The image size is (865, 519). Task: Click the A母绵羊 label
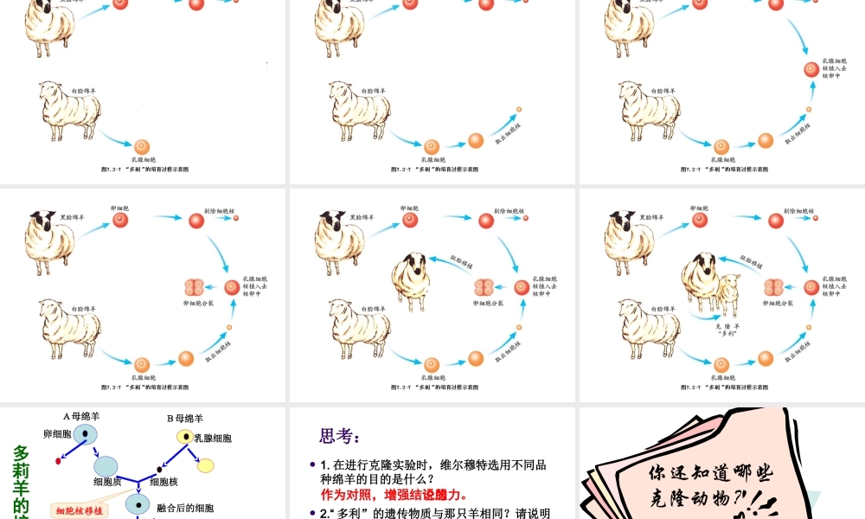click(x=81, y=416)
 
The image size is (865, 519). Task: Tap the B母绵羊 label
click(x=185, y=418)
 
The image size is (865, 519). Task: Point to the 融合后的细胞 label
click(x=185, y=508)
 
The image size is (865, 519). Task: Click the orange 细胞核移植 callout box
click(x=80, y=511)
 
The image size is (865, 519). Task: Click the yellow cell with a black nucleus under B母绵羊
click(x=184, y=437)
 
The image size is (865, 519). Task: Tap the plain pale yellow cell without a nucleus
click(x=206, y=465)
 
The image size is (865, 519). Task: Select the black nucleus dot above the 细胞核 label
click(x=159, y=470)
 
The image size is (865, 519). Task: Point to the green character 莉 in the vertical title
click(x=22, y=471)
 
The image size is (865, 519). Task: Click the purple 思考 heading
click(x=339, y=436)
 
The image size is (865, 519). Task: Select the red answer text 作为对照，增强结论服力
click(x=394, y=495)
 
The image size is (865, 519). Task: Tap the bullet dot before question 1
click(x=312, y=465)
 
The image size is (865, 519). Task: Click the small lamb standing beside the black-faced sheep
click(x=728, y=294)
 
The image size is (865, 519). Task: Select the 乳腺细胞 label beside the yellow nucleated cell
click(x=213, y=439)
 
